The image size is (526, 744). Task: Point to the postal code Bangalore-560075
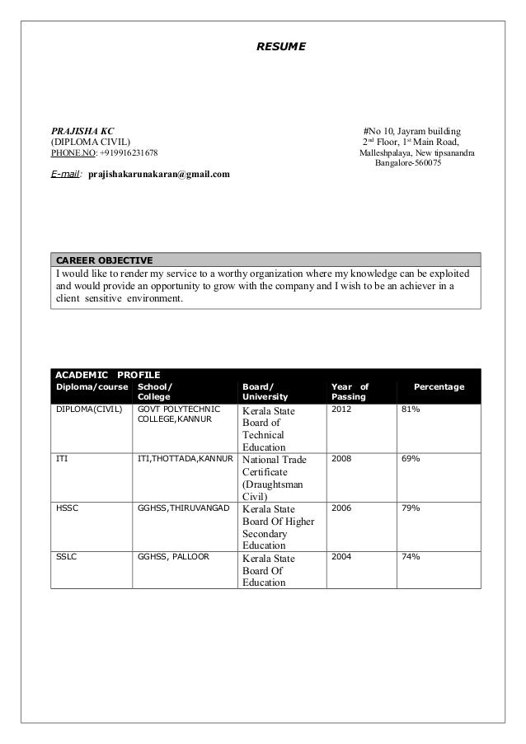click(x=408, y=163)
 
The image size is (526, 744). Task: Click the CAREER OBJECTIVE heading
click(x=103, y=261)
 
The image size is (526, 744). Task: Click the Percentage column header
click(x=439, y=387)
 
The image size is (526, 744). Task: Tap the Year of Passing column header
click(x=349, y=392)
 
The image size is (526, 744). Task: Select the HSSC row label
click(x=67, y=508)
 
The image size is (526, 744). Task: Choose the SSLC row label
click(x=66, y=557)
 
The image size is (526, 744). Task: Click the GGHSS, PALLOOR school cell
click(x=173, y=557)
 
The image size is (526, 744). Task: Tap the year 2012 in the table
click(x=340, y=409)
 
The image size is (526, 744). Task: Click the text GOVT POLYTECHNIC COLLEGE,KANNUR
click(x=176, y=414)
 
